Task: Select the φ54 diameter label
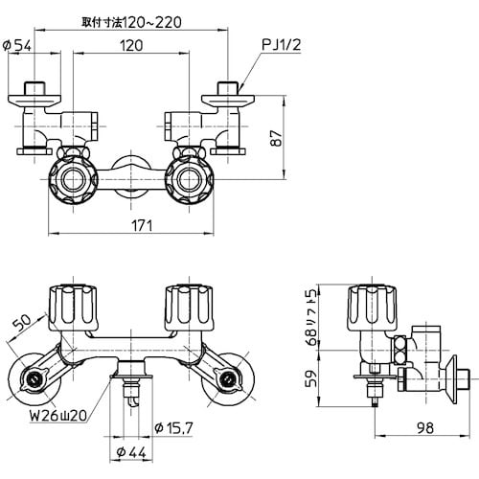coord(22,44)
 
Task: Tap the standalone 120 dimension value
coord(133,45)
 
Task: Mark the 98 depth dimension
coord(404,427)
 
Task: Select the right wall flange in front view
coord(228,380)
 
